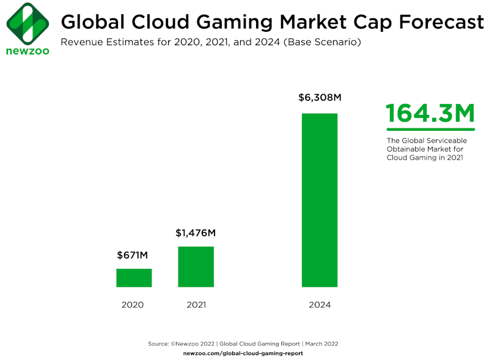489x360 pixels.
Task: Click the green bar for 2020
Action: point(134,277)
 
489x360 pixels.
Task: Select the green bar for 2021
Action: point(196,266)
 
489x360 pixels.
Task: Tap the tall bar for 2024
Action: point(319,200)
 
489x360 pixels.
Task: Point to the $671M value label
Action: point(134,255)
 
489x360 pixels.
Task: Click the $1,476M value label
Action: point(196,233)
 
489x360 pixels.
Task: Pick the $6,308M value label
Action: point(319,98)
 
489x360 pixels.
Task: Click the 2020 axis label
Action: point(132,304)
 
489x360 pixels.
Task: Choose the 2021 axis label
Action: point(196,304)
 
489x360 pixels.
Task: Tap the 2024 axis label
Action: point(319,304)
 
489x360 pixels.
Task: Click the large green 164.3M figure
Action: point(430,114)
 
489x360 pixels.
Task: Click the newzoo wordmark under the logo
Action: point(28,51)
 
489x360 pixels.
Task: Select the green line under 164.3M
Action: point(430,130)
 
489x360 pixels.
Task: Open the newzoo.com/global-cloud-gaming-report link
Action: point(243,353)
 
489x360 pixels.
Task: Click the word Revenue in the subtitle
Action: point(79,42)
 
